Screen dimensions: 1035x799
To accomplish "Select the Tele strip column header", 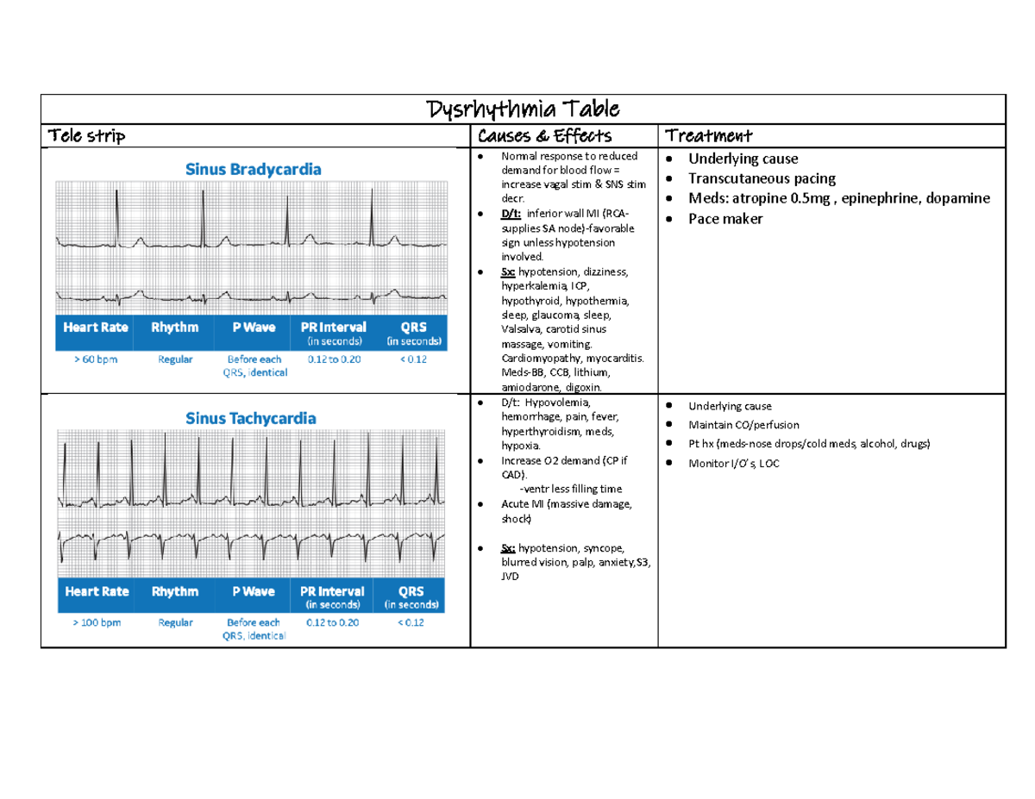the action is point(86,135).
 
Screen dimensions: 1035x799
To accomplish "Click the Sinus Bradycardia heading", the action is point(254,169).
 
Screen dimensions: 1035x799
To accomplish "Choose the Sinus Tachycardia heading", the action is point(252,418).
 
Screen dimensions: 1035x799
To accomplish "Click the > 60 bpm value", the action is point(95,359).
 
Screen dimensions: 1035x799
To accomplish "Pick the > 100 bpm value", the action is point(96,622).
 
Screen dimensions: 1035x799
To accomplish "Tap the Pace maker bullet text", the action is point(725,219).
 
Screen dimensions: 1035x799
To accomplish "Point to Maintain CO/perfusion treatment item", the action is point(743,425).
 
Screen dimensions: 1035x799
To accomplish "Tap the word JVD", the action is point(511,577).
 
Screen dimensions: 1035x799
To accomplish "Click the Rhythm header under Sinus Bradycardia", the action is point(175,328).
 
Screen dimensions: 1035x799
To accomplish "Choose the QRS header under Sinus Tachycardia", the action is point(411,591).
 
